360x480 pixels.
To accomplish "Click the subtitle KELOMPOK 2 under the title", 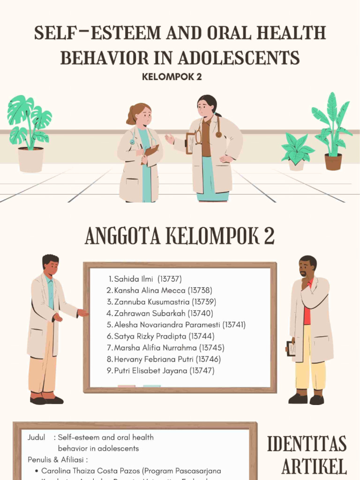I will tap(172, 77).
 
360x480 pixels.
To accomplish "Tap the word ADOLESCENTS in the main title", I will tap(239, 58).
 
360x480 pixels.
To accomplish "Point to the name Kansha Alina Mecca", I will tap(150, 291).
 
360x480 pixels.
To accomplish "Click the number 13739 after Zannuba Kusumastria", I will tap(204, 302).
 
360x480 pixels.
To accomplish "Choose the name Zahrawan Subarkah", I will tap(150, 313).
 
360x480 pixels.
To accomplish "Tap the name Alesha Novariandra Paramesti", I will tap(167, 325).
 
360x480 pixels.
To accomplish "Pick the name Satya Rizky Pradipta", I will tap(150, 336).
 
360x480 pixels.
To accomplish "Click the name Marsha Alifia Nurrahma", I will tap(156, 348).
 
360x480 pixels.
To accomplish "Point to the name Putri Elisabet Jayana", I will tap(150, 371).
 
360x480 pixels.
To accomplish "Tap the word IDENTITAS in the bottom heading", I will tap(307, 444).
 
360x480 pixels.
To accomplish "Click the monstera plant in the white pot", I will tap(29, 122).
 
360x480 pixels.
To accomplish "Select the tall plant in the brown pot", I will tap(332, 127).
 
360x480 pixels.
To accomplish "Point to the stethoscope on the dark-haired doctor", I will tap(218, 129).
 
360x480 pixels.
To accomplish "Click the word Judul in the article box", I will tap(36, 437).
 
